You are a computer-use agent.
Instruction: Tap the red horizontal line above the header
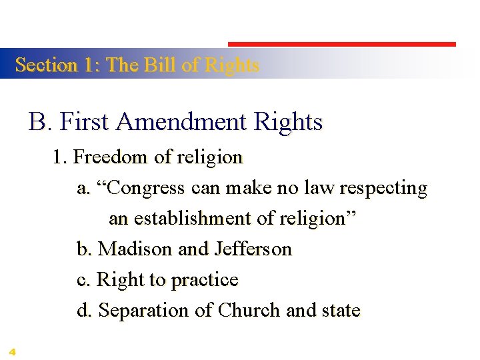(342, 45)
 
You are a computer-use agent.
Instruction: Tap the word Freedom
(111, 157)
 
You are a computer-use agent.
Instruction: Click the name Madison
(135, 249)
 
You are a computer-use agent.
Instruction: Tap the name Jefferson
(253, 249)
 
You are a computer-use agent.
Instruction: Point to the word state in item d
(340, 311)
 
